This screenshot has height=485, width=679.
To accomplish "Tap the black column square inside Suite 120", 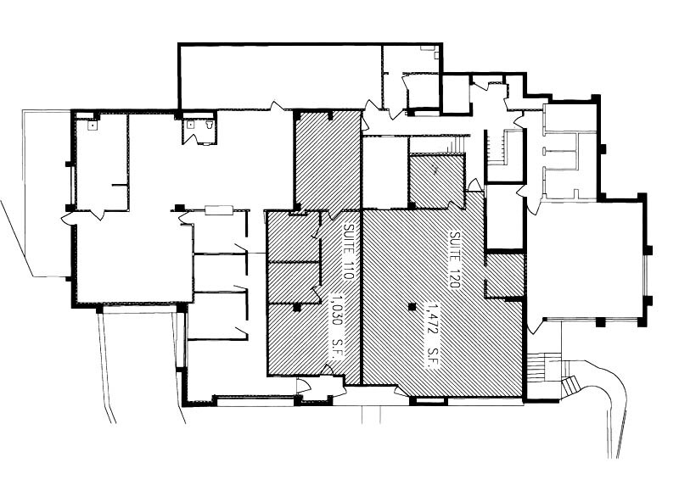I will (411, 306).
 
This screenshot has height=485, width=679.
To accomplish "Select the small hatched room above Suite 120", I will (435, 181).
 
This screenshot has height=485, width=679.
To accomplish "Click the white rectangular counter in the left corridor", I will (218, 209).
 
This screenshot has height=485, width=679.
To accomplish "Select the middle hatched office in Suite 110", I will (293, 282).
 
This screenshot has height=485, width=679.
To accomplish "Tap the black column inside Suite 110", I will (295, 307).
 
